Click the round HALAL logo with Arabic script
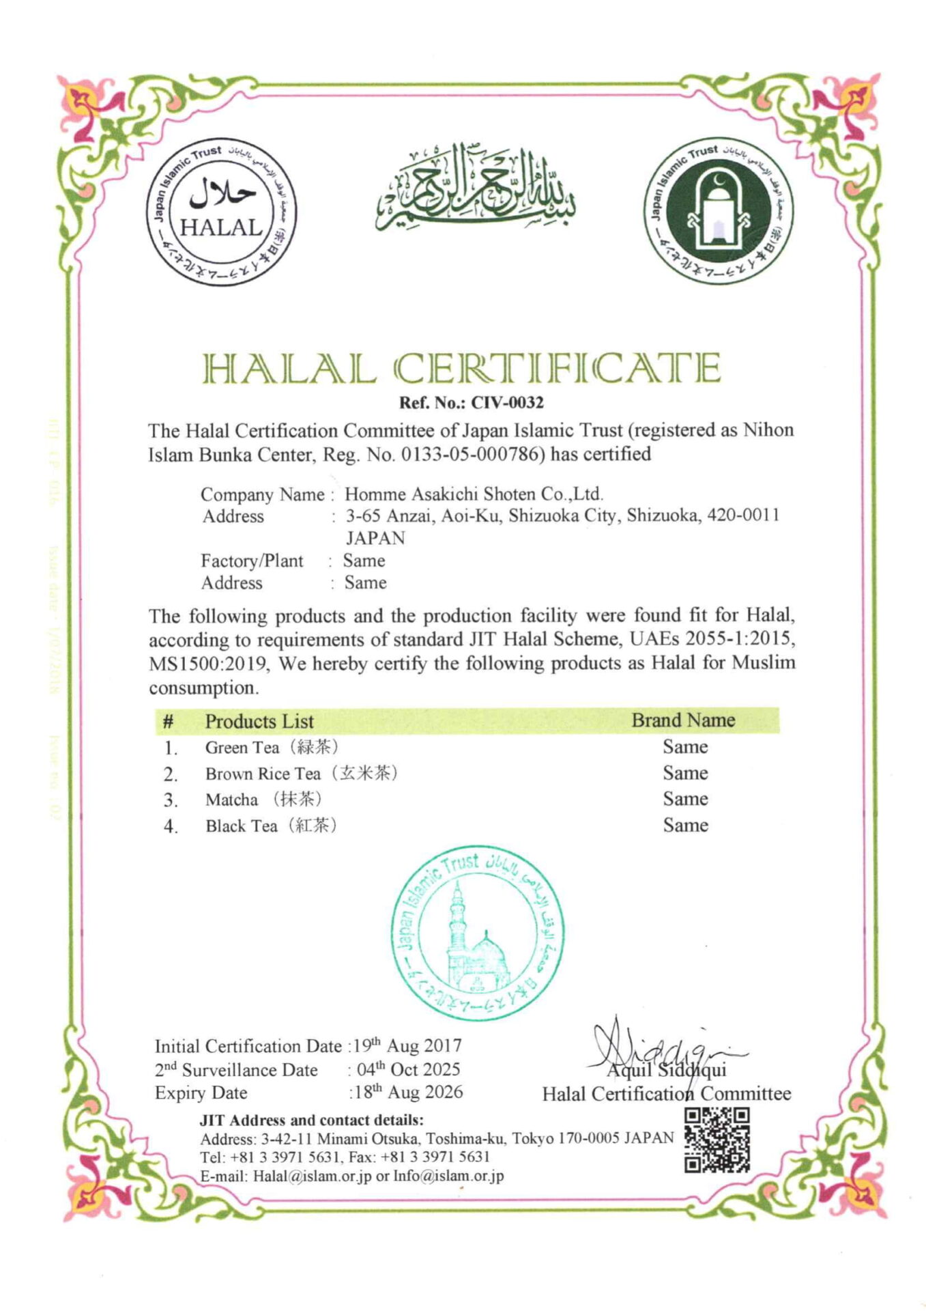pos(222,212)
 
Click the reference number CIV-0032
pos(507,402)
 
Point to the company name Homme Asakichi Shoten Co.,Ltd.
pos(474,494)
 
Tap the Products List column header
pos(259,721)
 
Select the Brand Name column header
pos(683,720)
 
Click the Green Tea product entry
pos(272,747)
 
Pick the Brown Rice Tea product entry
pos(301,774)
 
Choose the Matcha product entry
pos(263,800)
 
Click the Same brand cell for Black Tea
pos(685,825)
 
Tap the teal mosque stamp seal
pos(476,933)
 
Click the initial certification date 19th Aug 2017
pos(407,1046)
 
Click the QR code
pos(717,1140)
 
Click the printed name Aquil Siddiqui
pos(667,1070)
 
